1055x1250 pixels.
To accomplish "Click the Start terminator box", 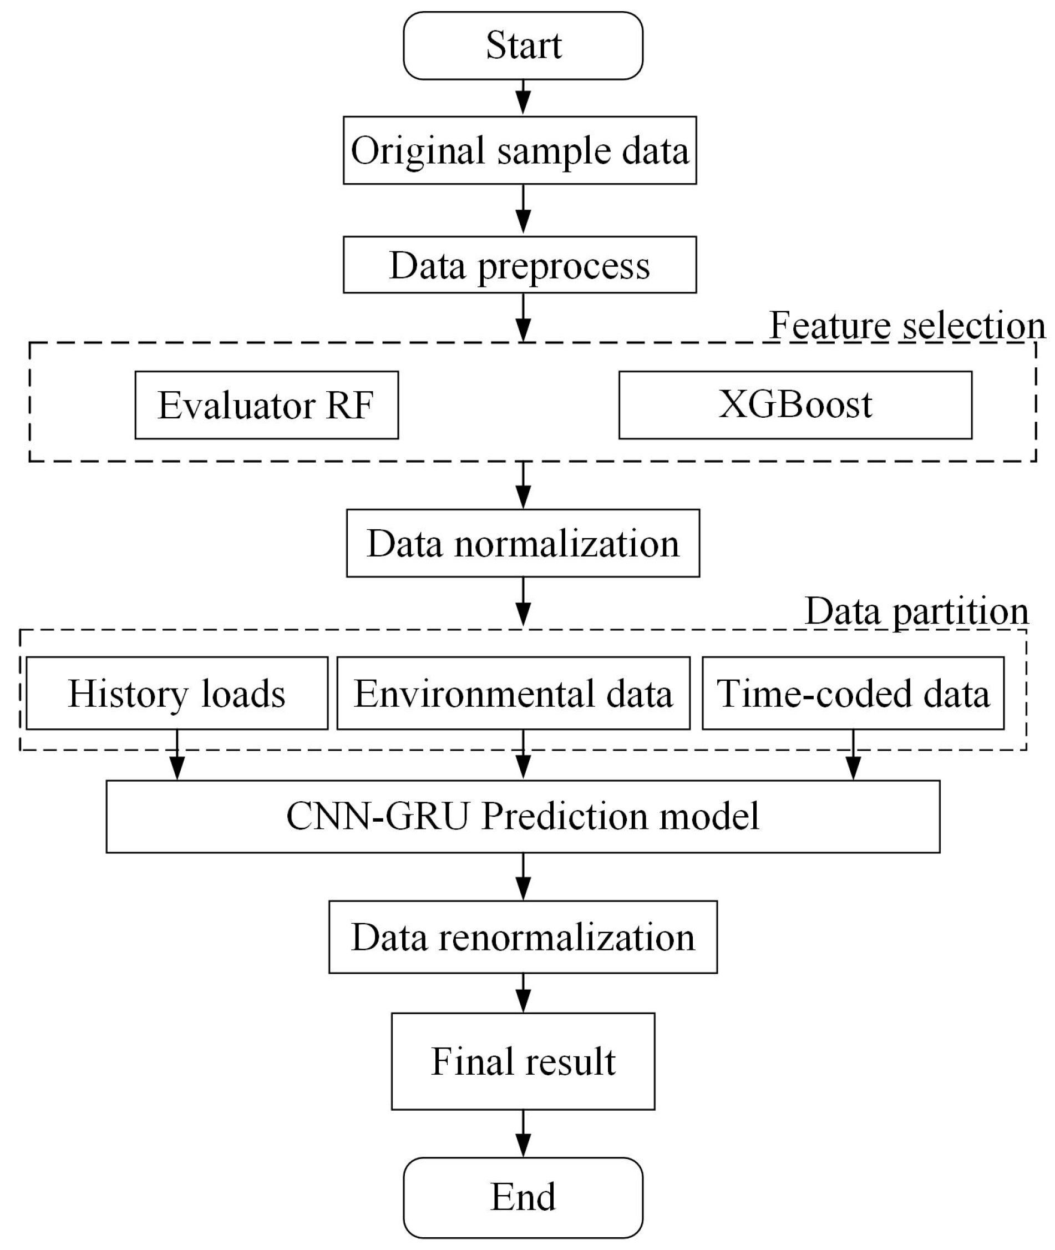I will [523, 45].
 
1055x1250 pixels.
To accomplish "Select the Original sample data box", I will [519, 150].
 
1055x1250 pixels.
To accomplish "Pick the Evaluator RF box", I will [266, 405].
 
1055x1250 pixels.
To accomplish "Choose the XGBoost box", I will [795, 405].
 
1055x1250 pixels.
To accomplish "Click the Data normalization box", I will [523, 543].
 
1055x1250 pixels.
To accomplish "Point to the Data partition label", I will [916, 611].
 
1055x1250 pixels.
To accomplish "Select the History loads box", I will [177, 693].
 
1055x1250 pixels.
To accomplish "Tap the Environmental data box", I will [513, 693].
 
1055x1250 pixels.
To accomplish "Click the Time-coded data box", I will [853, 693].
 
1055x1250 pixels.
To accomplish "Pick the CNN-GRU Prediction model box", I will [523, 816].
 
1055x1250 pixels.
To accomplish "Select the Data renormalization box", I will [523, 937].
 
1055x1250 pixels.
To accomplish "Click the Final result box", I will [523, 1061].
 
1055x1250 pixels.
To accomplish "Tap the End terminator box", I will [523, 1197].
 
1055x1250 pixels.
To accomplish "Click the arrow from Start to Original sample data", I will [523, 98].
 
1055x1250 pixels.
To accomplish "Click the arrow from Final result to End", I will [523, 1133].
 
